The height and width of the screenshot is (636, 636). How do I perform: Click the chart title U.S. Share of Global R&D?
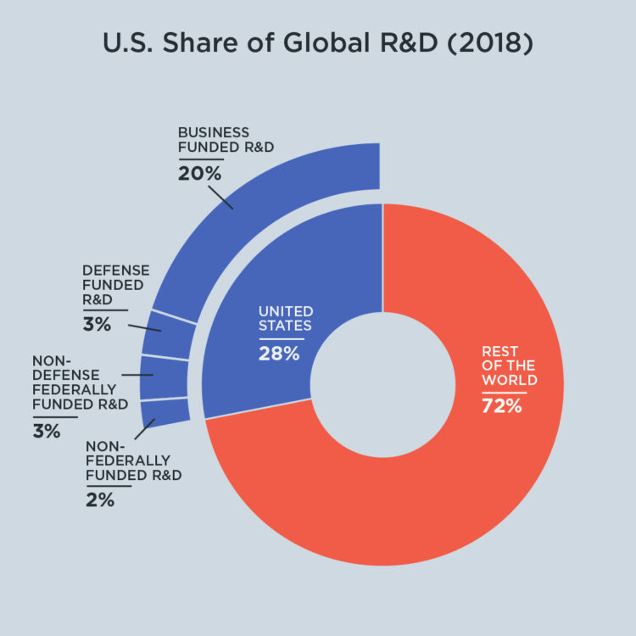tap(317, 43)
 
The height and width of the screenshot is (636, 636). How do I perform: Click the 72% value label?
tap(501, 405)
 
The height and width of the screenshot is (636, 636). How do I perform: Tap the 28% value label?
tap(279, 354)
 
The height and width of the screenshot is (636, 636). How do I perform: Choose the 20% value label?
tap(199, 174)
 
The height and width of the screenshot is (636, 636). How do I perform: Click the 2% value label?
tap(99, 499)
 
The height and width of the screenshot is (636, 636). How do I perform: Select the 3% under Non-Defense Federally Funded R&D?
tap(47, 431)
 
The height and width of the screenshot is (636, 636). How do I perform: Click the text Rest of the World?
tap(509, 365)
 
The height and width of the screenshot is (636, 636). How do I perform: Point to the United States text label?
tap(286, 318)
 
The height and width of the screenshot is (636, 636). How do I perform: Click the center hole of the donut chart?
tap(382, 384)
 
